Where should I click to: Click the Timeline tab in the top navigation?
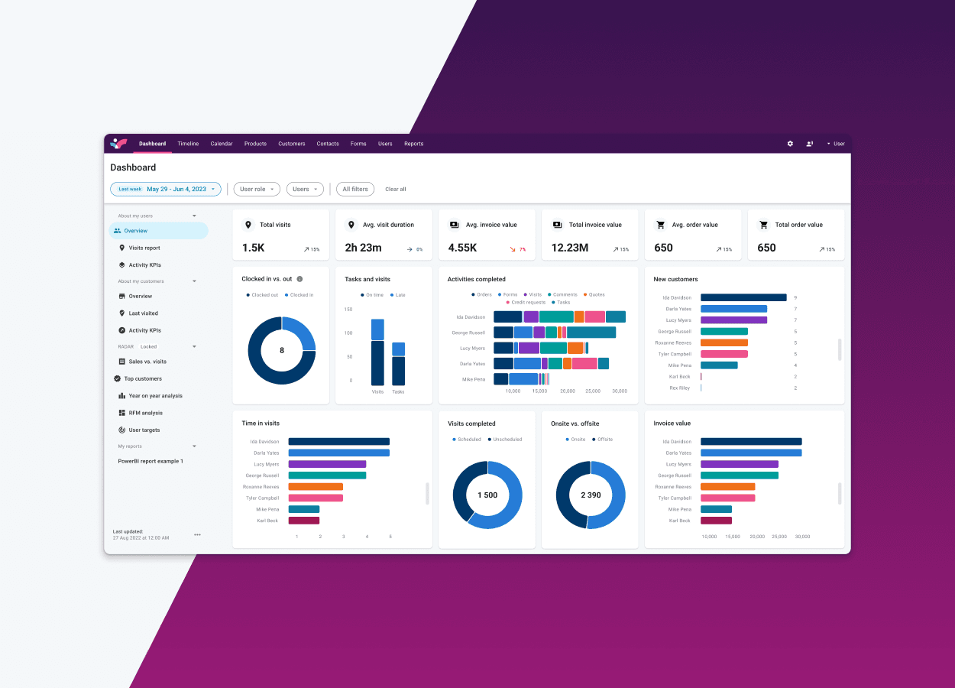coord(188,144)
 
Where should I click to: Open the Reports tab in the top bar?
coord(413,144)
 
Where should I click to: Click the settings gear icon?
coord(790,144)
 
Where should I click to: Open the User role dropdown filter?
coord(257,189)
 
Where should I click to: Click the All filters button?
coord(355,189)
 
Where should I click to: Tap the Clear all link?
coord(396,189)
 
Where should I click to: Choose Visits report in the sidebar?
coord(144,248)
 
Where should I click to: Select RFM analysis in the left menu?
coord(144,413)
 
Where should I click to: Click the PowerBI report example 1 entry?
coord(151,461)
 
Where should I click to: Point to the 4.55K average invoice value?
coord(462,248)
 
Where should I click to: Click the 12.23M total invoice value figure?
coord(569,248)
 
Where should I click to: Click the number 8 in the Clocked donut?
coord(282,350)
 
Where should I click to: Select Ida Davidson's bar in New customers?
coord(743,297)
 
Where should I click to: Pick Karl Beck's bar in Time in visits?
coord(303,521)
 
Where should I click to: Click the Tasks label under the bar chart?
coord(398,391)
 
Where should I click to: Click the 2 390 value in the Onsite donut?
coord(591,495)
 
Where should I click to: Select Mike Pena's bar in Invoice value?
coord(716,509)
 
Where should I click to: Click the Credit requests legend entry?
coord(528,303)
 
